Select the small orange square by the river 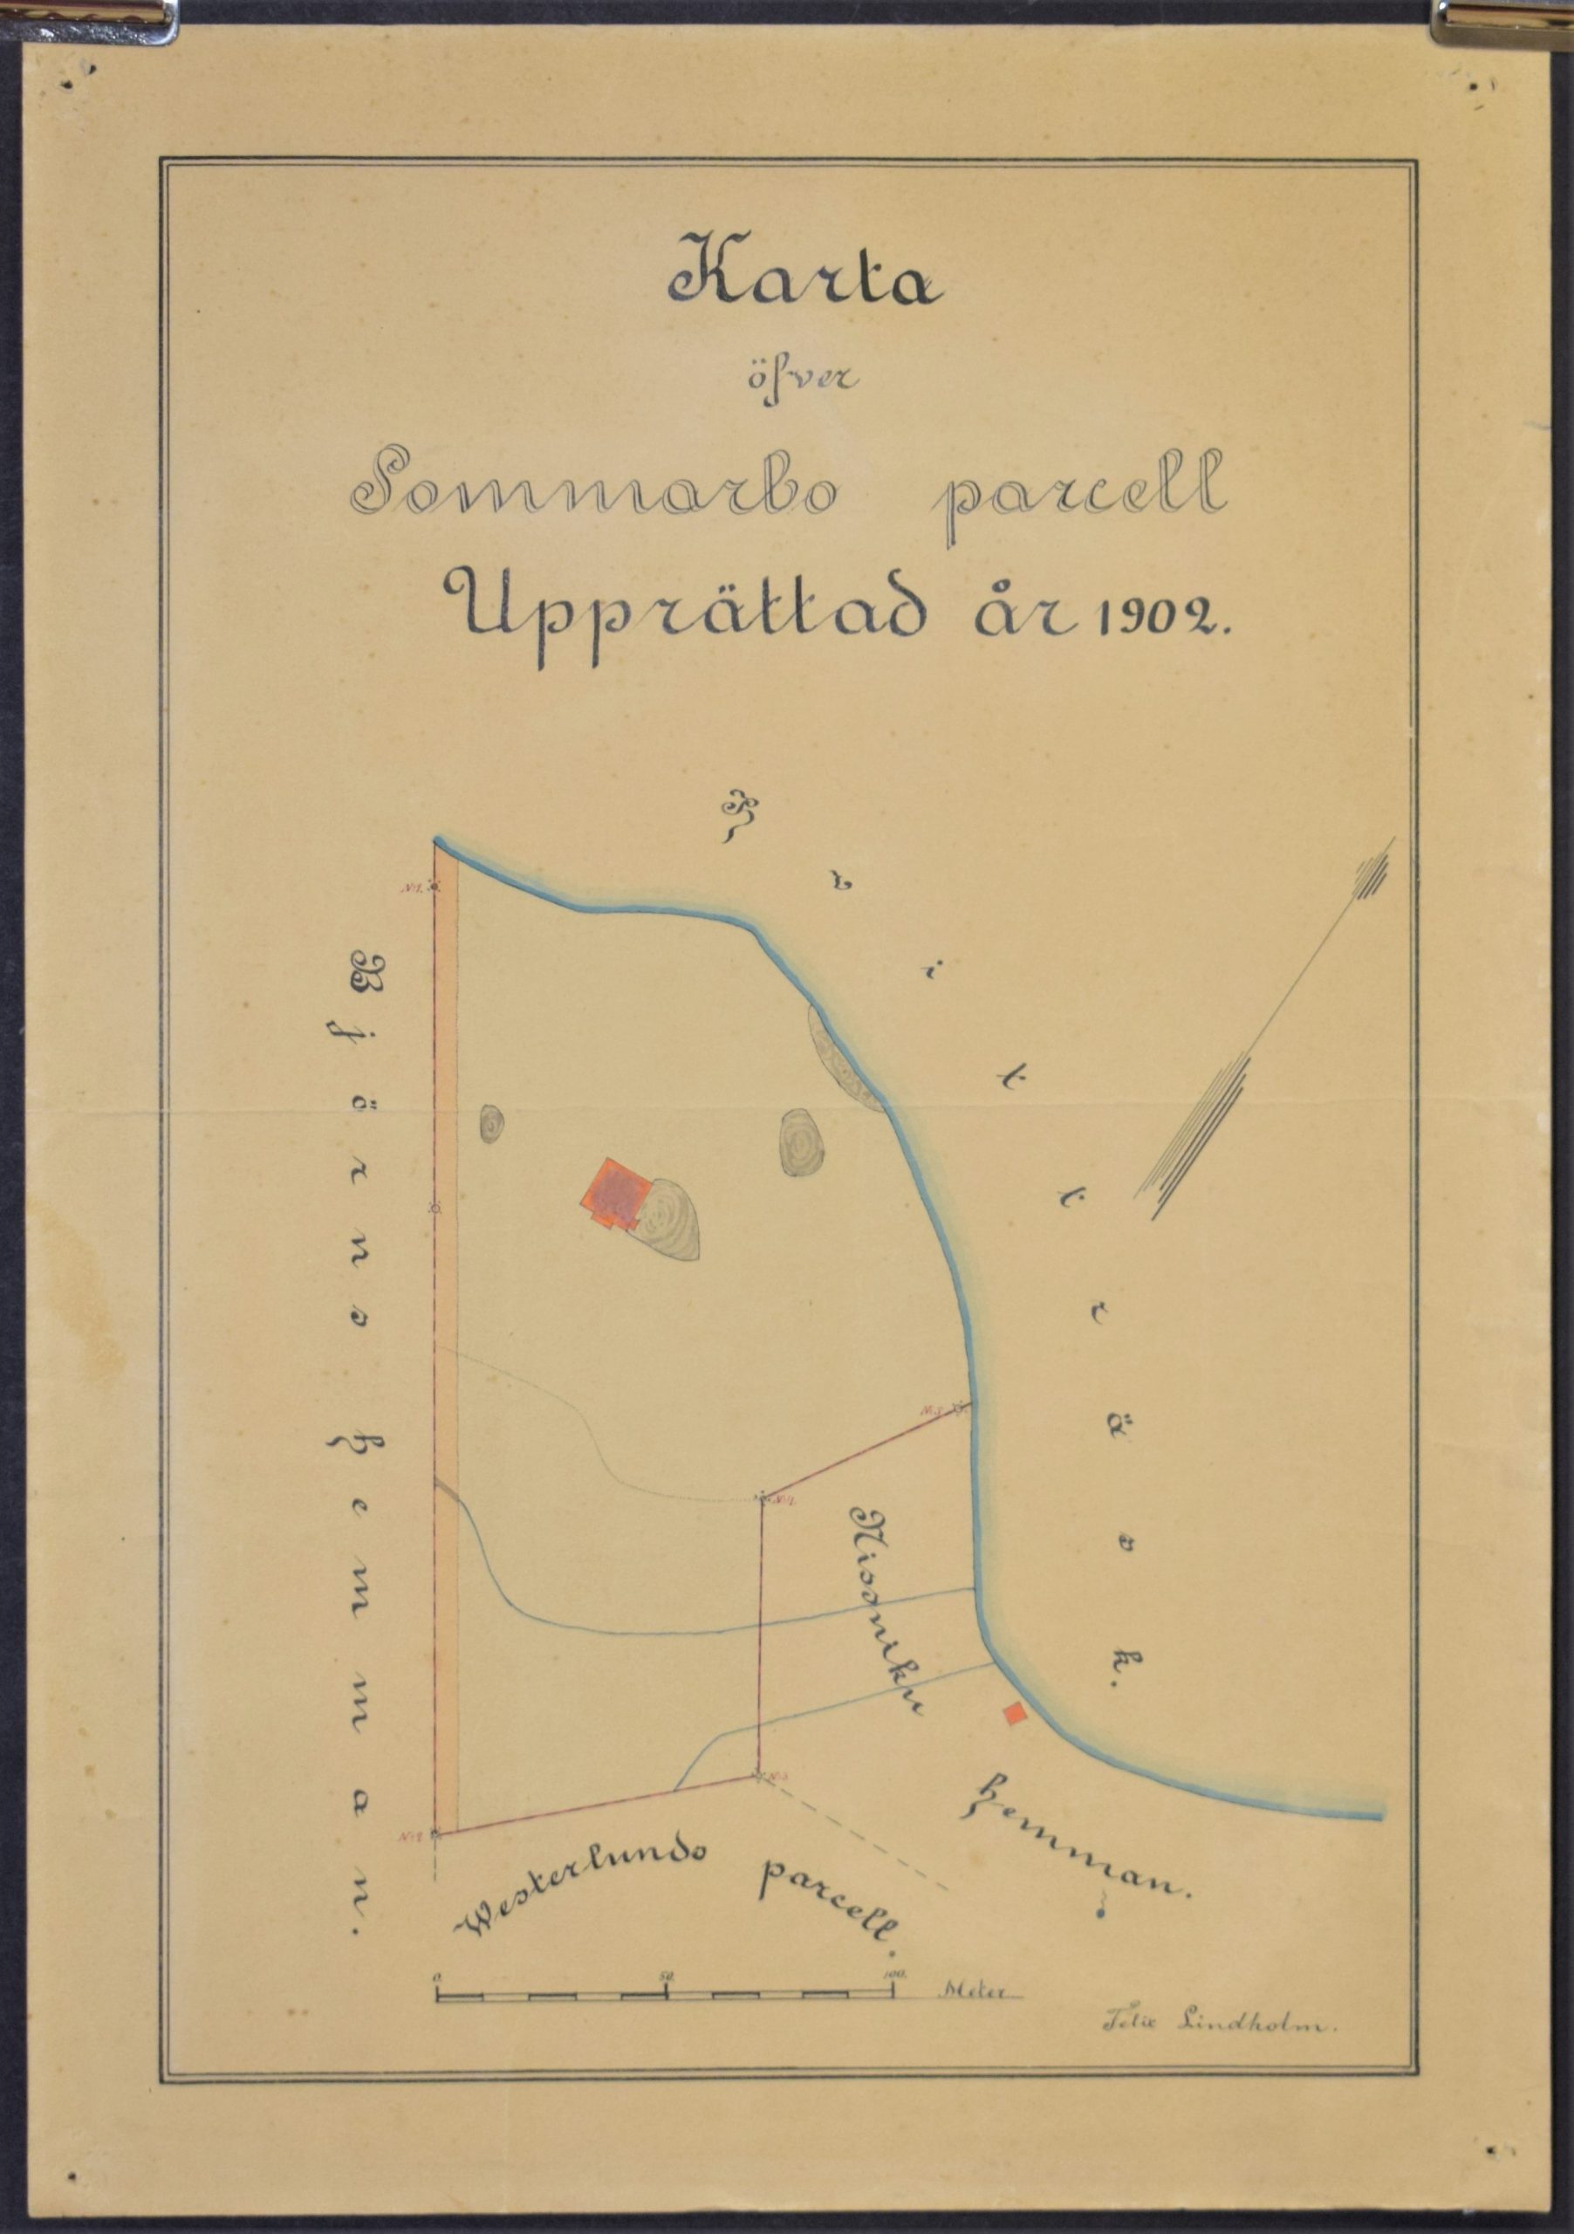coord(1016,1712)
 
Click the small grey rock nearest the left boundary coord(492,1124)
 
